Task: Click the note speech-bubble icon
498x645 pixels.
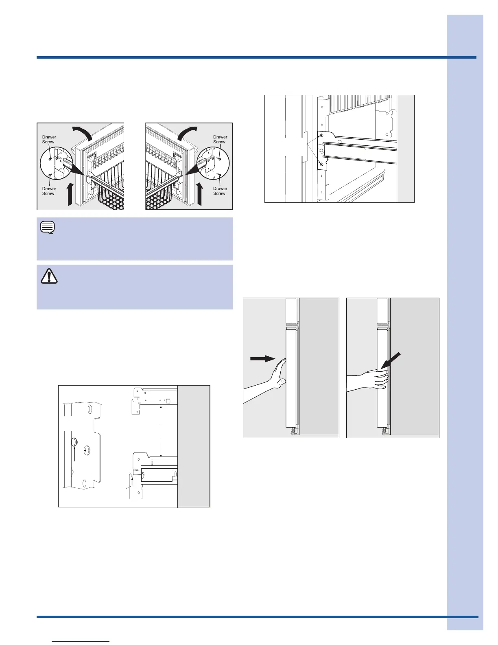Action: click(x=48, y=228)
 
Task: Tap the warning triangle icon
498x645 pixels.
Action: click(x=49, y=276)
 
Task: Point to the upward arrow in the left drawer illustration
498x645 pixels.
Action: click(x=70, y=194)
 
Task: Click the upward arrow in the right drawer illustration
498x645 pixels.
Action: click(x=200, y=194)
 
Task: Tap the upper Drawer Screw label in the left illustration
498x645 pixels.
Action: click(x=49, y=140)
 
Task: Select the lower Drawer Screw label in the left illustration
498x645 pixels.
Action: click(x=49, y=191)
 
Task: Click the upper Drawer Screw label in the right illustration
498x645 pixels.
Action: click(x=220, y=140)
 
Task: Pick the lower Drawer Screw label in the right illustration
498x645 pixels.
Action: click(x=220, y=191)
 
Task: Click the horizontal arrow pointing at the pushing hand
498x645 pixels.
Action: click(x=263, y=359)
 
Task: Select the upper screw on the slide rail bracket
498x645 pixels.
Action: click(x=321, y=136)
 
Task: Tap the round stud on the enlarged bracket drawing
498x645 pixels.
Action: click(x=74, y=442)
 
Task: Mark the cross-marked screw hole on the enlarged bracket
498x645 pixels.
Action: click(x=86, y=450)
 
